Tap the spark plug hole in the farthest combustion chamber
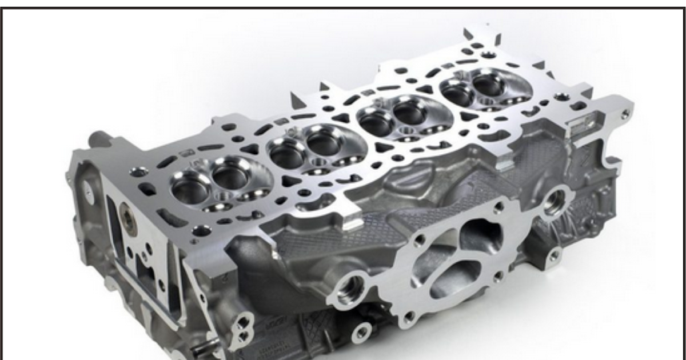point(486,102)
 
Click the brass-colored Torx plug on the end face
point(126,220)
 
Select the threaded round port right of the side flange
point(554,201)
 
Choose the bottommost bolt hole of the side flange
point(408,316)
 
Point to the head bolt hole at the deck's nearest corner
point(201,230)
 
